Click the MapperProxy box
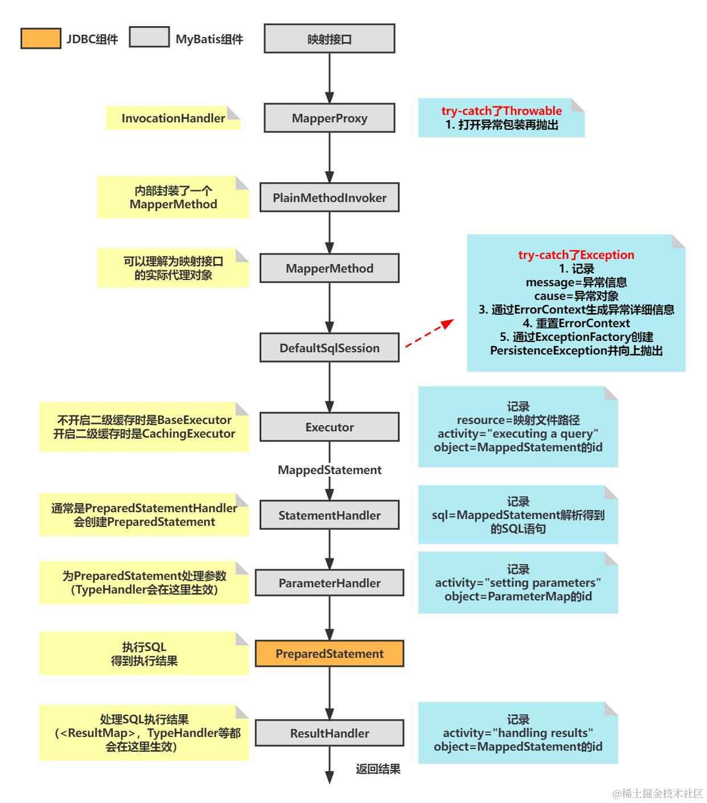(329, 118)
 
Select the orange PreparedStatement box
(329, 654)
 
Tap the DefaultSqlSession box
(329, 348)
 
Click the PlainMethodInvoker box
(329, 198)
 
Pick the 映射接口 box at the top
(329, 39)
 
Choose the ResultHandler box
(329, 734)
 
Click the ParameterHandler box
(329, 583)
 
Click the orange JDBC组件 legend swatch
(40, 38)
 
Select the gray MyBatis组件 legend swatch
(149, 38)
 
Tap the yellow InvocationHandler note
(173, 118)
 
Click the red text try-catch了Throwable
(502, 111)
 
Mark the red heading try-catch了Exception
(576, 255)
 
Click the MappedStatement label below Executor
(329, 470)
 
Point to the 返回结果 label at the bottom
(378, 769)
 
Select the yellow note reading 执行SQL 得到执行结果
(144, 654)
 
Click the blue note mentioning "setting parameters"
(518, 583)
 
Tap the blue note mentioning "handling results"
(518, 733)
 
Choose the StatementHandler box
(329, 516)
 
